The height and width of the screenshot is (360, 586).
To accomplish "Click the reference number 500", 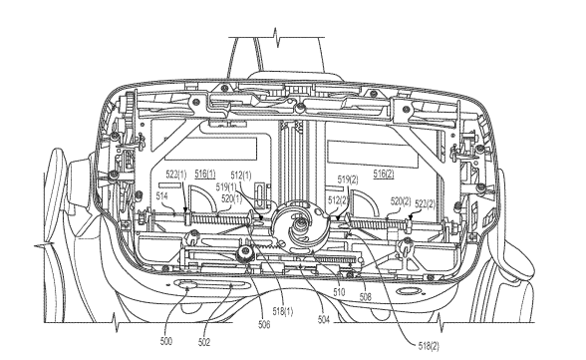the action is [x=165, y=341].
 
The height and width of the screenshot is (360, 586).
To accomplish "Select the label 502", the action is [x=204, y=342].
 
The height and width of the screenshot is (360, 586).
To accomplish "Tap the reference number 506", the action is [x=264, y=324].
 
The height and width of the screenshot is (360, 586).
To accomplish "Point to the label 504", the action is [x=324, y=319].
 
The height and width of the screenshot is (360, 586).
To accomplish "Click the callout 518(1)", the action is [x=283, y=311].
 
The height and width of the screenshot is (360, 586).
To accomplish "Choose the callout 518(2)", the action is [x=429, y=346].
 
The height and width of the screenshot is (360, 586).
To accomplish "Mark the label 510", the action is [x=339, y=291].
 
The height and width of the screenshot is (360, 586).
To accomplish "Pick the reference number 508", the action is [x=365, y=297].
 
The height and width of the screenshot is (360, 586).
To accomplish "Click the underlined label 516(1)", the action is [x=205, y=174].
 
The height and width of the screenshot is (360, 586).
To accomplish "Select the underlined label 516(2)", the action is [x=384, y=174].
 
